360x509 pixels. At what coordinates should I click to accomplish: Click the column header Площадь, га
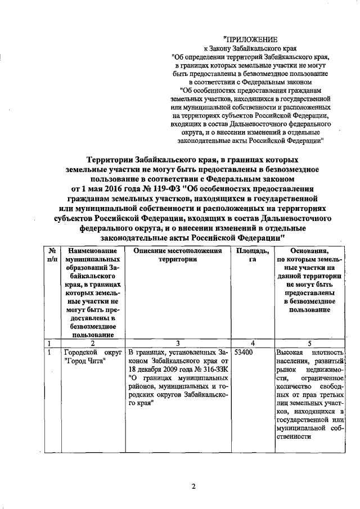[253, 255]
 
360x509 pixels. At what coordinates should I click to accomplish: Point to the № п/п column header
[51, 255]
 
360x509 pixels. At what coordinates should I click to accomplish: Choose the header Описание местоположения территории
[177, 255]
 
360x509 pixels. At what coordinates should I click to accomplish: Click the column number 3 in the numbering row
[177, 343]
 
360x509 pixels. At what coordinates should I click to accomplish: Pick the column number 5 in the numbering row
[309, 343]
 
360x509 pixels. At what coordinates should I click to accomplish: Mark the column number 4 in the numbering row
[253, 343]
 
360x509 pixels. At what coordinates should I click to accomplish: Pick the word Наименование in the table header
[91, 250]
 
